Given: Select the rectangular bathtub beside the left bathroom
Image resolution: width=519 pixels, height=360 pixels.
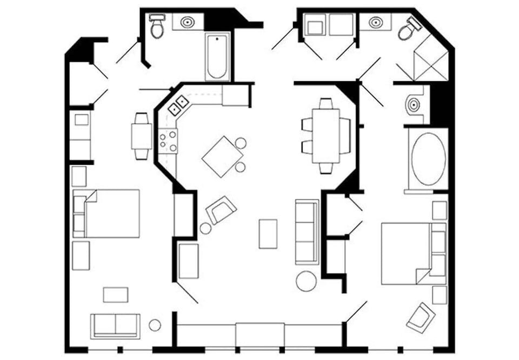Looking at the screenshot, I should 217,57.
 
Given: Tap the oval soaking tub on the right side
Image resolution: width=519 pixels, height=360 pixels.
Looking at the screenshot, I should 428,159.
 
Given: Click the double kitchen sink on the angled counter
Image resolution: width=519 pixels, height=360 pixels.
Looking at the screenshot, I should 178,105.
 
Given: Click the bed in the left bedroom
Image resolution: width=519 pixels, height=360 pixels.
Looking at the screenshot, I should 111,213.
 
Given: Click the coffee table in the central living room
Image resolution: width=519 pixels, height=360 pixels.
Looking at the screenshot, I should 268,234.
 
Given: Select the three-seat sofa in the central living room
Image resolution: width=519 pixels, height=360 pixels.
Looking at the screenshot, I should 307,232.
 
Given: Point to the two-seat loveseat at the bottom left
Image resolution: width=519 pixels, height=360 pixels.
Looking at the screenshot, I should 115,326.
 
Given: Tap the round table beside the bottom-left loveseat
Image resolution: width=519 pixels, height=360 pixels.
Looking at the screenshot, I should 155,325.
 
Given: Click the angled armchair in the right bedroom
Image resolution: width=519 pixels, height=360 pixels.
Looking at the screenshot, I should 421,317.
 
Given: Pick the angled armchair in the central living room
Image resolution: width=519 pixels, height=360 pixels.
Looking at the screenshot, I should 222,210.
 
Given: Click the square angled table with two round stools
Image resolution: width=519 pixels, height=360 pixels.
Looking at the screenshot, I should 222,157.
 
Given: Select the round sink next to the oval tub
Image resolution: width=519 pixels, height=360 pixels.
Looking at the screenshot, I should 414,105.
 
